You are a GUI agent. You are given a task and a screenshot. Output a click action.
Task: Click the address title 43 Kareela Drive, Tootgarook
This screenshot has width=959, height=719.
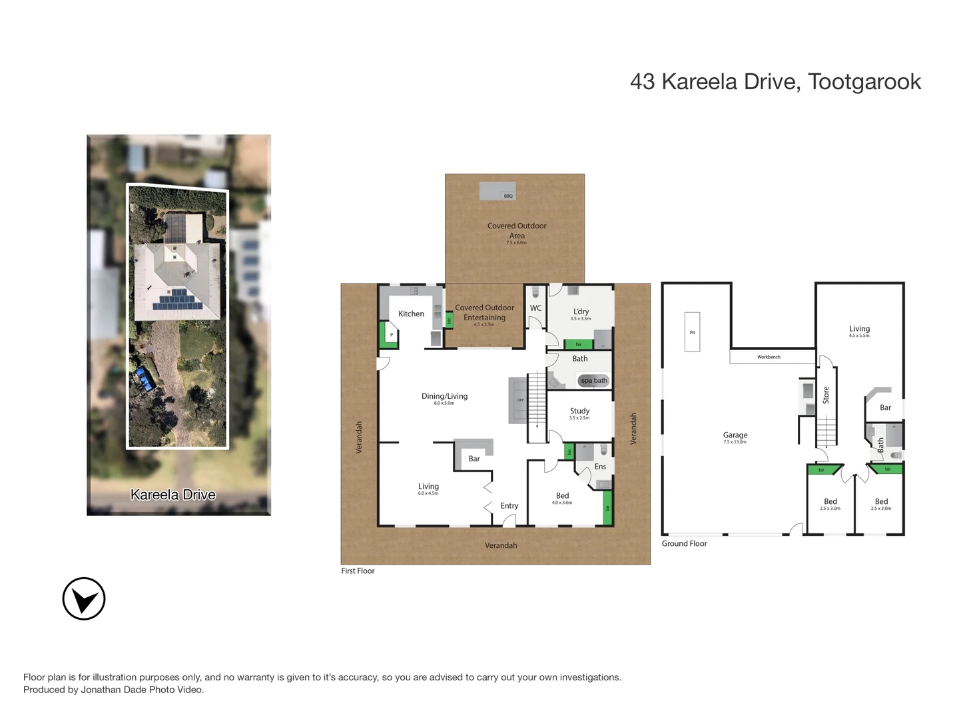pos(775,82)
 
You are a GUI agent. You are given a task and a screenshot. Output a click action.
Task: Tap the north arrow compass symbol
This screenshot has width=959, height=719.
pos(84,599)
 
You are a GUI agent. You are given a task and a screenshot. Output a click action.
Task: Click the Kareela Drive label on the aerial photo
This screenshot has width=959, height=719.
pos(173,495)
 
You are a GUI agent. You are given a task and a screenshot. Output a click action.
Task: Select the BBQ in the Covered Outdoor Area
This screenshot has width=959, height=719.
pos(497,190)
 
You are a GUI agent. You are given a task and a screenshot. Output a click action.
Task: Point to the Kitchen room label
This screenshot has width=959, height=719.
pos(411,314)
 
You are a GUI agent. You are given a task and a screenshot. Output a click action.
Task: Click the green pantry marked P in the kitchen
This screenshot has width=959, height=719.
pos(389,335)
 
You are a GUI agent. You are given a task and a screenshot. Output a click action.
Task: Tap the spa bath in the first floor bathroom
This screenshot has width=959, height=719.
pos(593,381)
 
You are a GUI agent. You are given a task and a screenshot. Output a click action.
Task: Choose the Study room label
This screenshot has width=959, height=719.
pos(579,411)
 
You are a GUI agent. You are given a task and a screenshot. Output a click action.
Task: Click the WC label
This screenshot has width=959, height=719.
pos(535,308)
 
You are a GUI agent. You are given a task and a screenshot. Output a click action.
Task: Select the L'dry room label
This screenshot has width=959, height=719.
pos(581,312)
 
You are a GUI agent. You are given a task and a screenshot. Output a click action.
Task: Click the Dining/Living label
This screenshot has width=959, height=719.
pos(444,396)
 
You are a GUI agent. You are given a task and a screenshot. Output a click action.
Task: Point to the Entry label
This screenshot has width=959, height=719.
pos(509,506)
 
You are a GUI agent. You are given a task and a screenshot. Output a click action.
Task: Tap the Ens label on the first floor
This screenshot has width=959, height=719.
pos(600,467)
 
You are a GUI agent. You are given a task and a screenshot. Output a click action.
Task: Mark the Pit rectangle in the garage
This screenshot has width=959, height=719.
pos(693,332)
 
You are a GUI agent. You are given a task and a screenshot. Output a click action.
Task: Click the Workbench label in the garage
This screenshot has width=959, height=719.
pos(769,358)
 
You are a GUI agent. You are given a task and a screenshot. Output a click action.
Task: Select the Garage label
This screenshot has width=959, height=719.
pos(735,435)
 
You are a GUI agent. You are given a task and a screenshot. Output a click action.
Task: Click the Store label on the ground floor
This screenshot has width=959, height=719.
pos(826,395)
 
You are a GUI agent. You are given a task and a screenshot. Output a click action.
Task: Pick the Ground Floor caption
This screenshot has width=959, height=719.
pos(684,544)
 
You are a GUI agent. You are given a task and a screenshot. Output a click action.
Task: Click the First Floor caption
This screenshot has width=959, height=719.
pos(358,571)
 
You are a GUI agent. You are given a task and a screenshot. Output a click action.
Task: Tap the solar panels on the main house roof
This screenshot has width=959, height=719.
pos(177,300)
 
